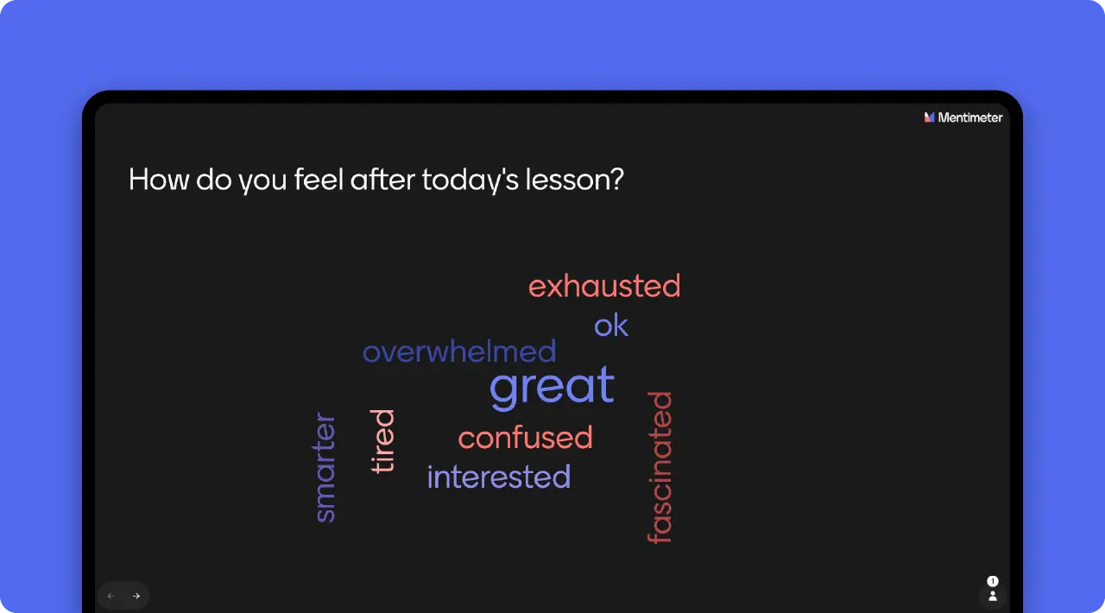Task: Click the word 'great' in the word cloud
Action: tap(552, 386)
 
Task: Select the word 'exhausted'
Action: tap(604, 286)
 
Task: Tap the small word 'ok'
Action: tap(611, 325)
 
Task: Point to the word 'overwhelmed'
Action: tap(459, 351)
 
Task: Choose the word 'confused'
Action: tap(525, 438)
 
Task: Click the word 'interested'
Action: tap(499, 477)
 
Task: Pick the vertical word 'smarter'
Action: tap(325, 468)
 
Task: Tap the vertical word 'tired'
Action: tap(382, 440)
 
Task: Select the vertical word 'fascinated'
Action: tap(660, 467)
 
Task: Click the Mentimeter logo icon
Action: tap(930, 117)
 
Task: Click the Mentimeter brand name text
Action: tap(970, 117)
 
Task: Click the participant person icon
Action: tap(993, 596)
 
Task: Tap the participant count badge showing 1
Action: tap(993, 581)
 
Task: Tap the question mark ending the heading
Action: tap(616, 180)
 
